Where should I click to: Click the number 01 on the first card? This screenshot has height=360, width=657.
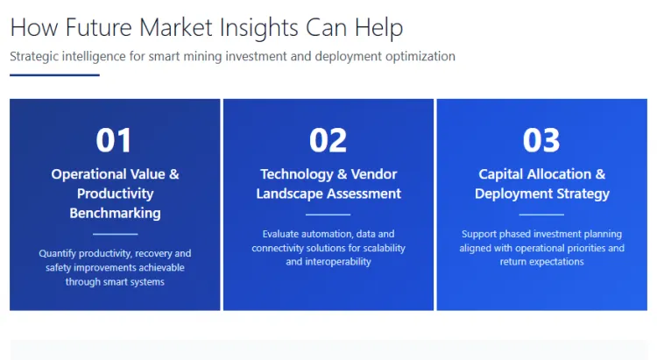115,140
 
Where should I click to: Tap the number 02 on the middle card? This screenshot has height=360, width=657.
328,140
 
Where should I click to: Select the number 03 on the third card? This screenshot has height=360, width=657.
541,140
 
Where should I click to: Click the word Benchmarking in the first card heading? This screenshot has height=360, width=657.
115,213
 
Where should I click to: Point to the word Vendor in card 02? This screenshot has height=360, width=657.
374,174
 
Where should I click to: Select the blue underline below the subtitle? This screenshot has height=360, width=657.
54,75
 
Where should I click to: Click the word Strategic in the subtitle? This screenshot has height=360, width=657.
36,56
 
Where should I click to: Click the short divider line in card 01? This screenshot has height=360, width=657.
115,234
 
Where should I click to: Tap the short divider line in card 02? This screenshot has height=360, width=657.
328,215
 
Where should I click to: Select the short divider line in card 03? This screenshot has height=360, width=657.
541,215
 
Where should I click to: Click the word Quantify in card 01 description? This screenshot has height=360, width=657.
60,253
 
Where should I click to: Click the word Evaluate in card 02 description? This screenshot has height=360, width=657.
283,234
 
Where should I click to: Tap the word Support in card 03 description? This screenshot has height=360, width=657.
480,234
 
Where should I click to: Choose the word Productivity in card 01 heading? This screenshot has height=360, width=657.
115,194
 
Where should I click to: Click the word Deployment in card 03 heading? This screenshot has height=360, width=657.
511,194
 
